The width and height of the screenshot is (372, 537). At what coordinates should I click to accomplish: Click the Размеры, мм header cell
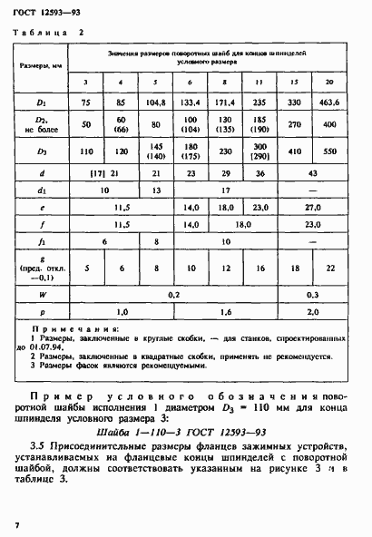[41, 65]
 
